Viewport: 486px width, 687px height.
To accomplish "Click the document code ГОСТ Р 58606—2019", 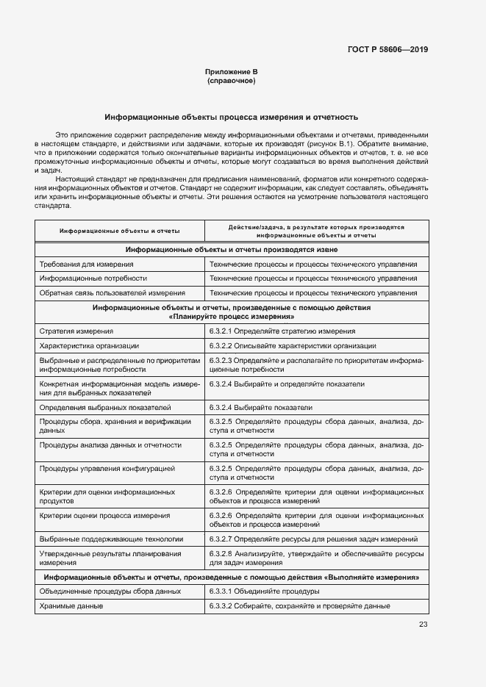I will click(x=387, y=50).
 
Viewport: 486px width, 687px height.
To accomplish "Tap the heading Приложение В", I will click(x=231, y=71).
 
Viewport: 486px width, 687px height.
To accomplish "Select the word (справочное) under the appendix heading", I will click(x=231, y=80).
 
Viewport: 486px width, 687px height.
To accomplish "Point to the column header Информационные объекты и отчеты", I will click(x=120, y=231).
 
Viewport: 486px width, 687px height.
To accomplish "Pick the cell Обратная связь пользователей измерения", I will click(x=112, y=292).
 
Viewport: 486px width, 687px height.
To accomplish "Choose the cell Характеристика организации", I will click(x=89, y=345).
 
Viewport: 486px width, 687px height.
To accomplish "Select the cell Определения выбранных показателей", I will click(x=105, y=407).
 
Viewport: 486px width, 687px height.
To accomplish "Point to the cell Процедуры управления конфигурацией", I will click(x=107, y=467).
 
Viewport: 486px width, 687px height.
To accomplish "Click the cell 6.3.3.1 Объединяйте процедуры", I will click(x=264, y=591).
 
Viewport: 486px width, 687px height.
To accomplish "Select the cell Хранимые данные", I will click(x=71, y=605).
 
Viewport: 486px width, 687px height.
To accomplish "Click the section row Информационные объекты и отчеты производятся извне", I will click(x=231, y=249).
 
